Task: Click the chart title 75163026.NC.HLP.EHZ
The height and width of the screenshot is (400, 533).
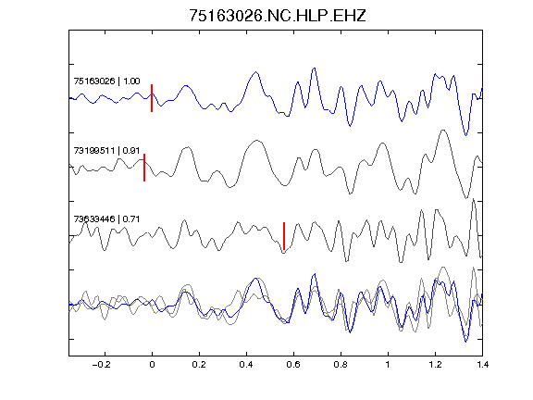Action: pyautogui.click(x=277, y=16)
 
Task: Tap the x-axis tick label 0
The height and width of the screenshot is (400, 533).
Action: pyautogui.click(x=152, y=365)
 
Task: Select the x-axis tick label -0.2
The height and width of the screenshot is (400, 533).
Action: pyautogui.click(x=102, y=365)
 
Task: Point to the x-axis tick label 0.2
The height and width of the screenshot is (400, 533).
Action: pyautogui.click(x=199, y=365)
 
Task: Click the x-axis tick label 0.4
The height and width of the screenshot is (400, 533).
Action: pyautogui.click(x=246, y=365)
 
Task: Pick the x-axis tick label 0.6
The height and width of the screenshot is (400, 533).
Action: pyautogui.click(x=293, y=365)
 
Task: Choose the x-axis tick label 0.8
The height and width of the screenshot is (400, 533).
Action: pyautogui.click(x=341, y=365)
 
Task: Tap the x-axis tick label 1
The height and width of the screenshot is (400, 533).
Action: pyautogui.click(x=388, y=365)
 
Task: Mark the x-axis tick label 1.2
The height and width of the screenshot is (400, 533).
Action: pyautogui.click(x=435, y=365)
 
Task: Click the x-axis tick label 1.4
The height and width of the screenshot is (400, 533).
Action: pyautogui.click(x=482, y=365)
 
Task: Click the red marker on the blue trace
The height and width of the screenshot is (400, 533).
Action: pyautogui.click(x=152, y=98)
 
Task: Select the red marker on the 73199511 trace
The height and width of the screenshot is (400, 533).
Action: pyautogui.click(x=144, y=168)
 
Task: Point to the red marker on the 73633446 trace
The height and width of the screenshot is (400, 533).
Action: pyautogui.click(x=284, y=236)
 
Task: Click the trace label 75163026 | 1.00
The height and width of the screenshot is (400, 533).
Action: pyautogui.click(x=106, y=81)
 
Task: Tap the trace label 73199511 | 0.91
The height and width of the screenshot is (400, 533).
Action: pyautogui.click(x=106, y=150)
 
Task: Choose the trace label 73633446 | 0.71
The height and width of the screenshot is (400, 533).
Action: pyautogui.click(x=106, y=219)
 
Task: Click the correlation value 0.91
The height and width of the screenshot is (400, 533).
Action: pyautogui.click(x=131, y=150)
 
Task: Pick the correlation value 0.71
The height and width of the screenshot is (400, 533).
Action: pyautogui.click(x=131, y=219)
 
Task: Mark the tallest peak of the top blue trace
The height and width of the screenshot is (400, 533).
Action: pyautogui.click(x=315, y=68)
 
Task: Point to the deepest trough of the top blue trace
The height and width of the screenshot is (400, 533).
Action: pyautogui.click(x=465, y=135)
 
